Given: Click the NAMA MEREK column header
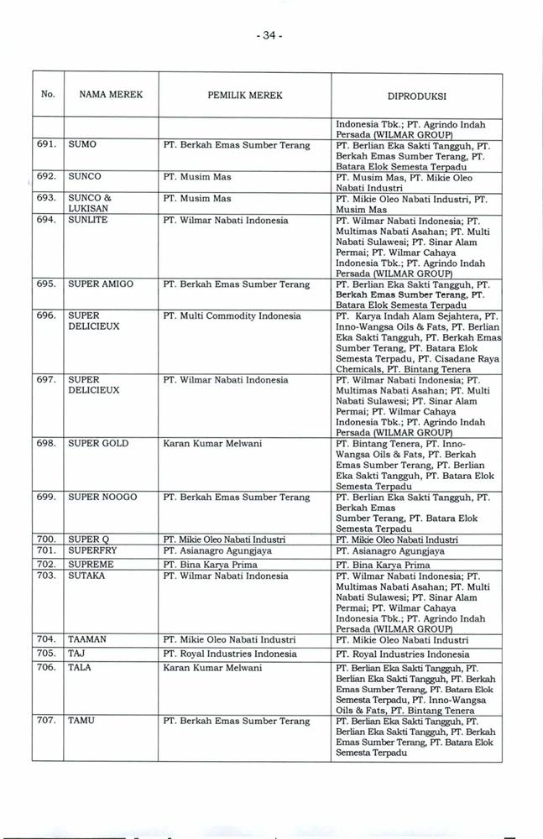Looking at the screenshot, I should (x=112, y=95).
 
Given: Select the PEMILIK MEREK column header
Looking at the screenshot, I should (x=244, y=96).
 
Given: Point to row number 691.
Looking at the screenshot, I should (x=47, y=145).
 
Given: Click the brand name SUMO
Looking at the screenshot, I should (x=82, y=145).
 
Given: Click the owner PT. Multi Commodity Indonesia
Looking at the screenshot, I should (x=232, y=316).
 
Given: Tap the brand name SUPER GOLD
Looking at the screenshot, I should (x=98, y=443).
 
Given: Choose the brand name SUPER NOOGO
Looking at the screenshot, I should (x=102, y=498).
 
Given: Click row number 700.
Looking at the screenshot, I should (x=47, y=539).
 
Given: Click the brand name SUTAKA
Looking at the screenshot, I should (x=86, y=576).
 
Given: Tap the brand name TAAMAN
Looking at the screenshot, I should (x=88, y=639).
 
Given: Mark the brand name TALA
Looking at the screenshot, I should (x=81, y=667).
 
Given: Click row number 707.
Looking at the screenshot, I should (x=47, y=721).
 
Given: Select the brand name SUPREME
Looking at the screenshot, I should (x=91, y=565).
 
